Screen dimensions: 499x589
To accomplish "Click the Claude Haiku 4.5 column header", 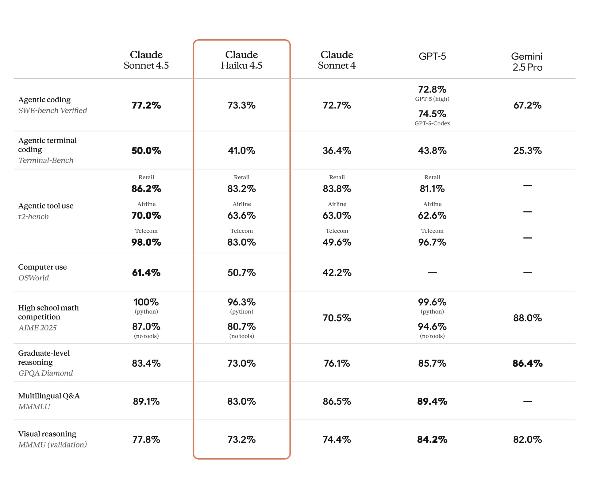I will (x=241, y=60).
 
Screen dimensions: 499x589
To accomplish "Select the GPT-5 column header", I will (x=432, y=57).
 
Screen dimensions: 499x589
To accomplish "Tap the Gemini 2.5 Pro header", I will (x=527, y=62).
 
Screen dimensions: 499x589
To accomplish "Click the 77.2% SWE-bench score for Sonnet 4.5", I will (x=146, y=105).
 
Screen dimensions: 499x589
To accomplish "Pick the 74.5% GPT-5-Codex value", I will (x=432, y=114).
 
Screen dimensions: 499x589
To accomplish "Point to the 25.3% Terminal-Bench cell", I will (x=527, y=150).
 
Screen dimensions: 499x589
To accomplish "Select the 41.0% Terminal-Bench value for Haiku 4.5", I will (x=241, y=150).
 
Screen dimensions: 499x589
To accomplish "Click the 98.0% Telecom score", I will (x=146, y=242).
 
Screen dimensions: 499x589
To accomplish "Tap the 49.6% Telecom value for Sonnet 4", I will (x=337, y=242).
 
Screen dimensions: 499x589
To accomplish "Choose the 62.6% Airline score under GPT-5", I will (x=432, y=216).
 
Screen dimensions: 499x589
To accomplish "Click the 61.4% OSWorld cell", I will (x=146, y=273).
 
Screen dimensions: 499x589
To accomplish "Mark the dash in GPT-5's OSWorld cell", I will (x=432, y=273).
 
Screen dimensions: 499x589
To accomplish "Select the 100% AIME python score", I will (x=146, y=302).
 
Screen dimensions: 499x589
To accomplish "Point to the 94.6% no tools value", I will (x=432, y=327).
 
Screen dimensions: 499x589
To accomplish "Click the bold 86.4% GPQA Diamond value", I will (x=527, y=364).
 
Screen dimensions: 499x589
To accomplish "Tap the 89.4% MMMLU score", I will (x=432, y=401).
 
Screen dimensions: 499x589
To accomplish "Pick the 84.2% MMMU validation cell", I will (x=432, y=439).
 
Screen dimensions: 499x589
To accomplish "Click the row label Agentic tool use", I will (x=46, y=206).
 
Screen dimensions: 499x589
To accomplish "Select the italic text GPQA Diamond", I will (x=45, y=373).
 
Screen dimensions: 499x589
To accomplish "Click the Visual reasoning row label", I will (x=47, y=434).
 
